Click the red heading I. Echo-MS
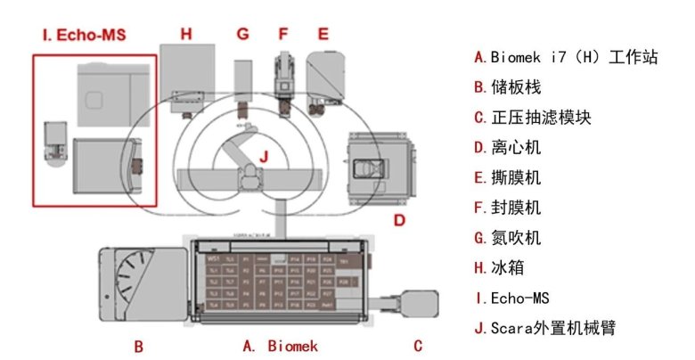click(x=84, y=36)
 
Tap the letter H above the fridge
click(x=185, y=34)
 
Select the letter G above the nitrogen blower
click(x=242, y=34)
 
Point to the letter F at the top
click(x=283, y=34)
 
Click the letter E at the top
click(x=323, y=34)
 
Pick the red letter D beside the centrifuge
click(x=400, y=219)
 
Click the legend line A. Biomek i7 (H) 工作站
click(x=566, y=58)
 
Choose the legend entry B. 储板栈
click(x=508, y=87)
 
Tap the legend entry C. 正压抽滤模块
click(x=533, y=118)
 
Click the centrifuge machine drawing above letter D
click(x=378, y=168)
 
